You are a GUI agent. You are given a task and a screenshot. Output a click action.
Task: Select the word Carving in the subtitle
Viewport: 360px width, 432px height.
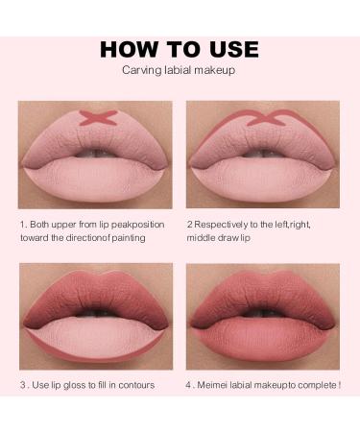point(139,70)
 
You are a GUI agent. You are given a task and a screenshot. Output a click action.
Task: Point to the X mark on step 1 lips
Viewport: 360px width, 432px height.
point(94,118)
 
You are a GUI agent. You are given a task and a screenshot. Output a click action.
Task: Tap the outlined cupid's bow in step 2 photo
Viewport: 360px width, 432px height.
point(259,122)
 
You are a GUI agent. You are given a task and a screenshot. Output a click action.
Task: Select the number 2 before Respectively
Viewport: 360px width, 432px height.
point(189,224)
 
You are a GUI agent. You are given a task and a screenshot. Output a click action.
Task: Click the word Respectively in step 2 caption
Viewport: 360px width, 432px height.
point(225,224)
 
